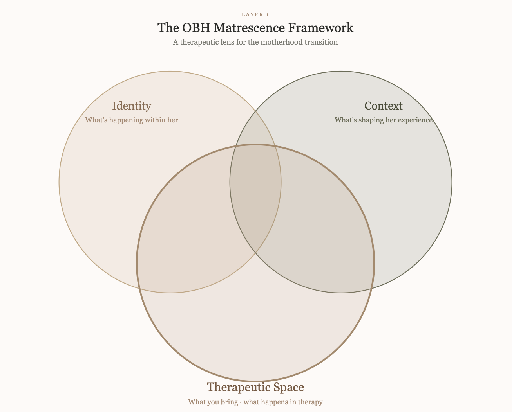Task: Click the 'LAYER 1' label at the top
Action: click(255, 15)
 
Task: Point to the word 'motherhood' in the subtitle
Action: click(281, 42)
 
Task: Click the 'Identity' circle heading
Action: click(131, 106)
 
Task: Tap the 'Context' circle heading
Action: click(383, 106)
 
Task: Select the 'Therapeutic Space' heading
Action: click(255, 387)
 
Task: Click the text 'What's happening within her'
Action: click(131, 120)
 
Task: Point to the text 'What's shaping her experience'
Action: click(383, 120)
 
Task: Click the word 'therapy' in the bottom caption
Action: click(310, 402)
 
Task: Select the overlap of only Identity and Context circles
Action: click(255, 129)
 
